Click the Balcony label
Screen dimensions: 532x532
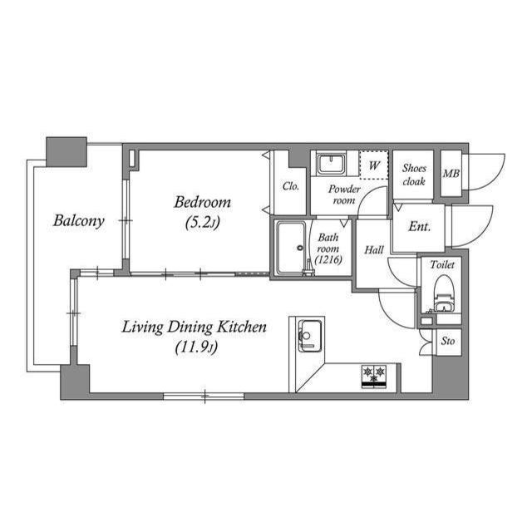(78, 221)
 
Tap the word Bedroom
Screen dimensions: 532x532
(202, 202)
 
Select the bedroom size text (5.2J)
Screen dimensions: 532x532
(202, 222)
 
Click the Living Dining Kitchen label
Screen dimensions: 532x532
(195, 327)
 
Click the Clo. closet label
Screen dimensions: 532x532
(290, 186)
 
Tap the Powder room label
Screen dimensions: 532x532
(343, 195)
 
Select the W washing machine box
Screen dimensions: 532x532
(374, 165)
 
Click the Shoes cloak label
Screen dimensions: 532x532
(413, 174)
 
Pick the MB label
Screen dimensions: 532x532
(451, 174)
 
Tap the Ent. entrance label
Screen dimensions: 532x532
(419, 226)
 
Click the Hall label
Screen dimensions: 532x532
(373, 249)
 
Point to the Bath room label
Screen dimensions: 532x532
(328, 248)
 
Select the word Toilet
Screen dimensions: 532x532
(442, 264)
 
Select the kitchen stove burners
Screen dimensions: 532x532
(375, 373)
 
